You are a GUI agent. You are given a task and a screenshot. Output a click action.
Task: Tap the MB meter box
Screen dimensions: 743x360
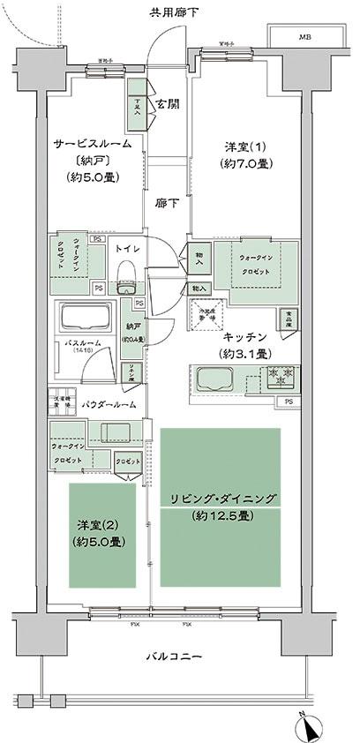pyautogui.click(x=304, y=38)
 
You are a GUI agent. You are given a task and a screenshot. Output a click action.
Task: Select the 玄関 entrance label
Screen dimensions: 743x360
pyautogui.click(x=169, y=103)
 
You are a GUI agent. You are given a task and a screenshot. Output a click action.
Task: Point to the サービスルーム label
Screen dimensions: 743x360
pyautogui.click(x=92, y=142)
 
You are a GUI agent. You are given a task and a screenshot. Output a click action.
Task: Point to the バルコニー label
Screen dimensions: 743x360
pyautogui.click(x=173, y=657)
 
